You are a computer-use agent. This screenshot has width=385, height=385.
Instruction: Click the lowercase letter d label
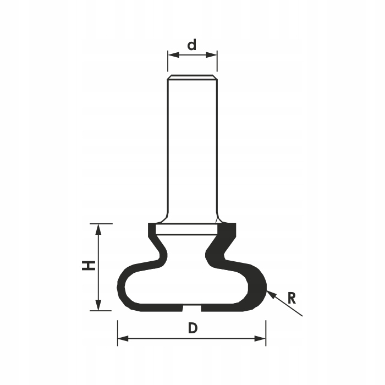point(192,45)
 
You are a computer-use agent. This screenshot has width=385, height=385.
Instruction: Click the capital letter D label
point(193,328)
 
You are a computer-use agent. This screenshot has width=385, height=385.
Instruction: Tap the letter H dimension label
point(89,266)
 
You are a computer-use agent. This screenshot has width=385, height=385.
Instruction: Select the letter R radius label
point(291,299)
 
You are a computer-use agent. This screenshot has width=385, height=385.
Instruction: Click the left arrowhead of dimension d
point(174,55)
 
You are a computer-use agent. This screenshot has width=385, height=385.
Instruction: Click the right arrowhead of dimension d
point(211,55)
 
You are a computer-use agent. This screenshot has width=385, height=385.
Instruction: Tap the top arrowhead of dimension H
point(98,230)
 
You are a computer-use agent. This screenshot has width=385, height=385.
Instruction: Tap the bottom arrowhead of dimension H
point(98,305)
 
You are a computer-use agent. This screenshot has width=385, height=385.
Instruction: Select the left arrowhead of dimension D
point(123,339)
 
